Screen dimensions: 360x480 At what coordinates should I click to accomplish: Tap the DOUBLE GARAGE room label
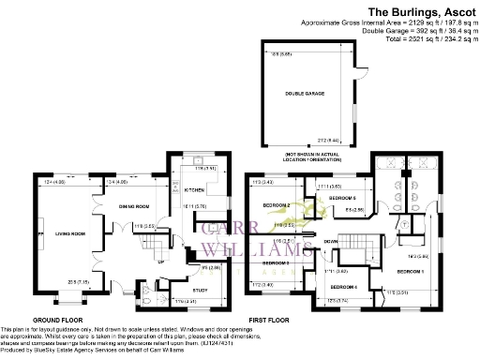(x=309, y=93)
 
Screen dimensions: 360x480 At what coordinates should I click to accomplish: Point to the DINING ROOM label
(x=134, y=205)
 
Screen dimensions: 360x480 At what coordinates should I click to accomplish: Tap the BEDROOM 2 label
(x=276, y=205)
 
